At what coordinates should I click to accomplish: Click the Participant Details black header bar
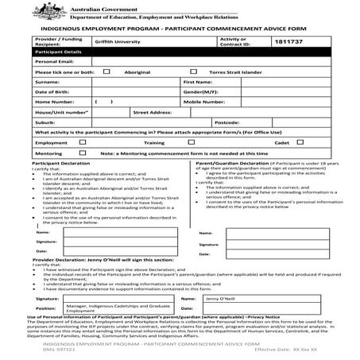[x=180, y=50]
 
